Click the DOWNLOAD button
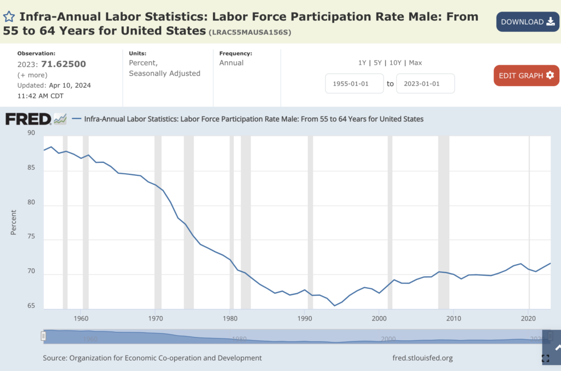528,22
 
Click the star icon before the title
9,17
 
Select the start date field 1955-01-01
354,84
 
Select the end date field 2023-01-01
425,84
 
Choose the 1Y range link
362,63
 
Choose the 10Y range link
396,63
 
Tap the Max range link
415,63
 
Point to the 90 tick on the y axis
31,133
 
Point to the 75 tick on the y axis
31,240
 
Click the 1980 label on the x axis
230,318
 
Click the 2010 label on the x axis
454,318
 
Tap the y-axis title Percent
14,222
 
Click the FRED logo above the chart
28,119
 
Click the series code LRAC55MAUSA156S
250,32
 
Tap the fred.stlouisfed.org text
422,358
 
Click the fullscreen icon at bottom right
545,358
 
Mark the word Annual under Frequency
231,63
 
